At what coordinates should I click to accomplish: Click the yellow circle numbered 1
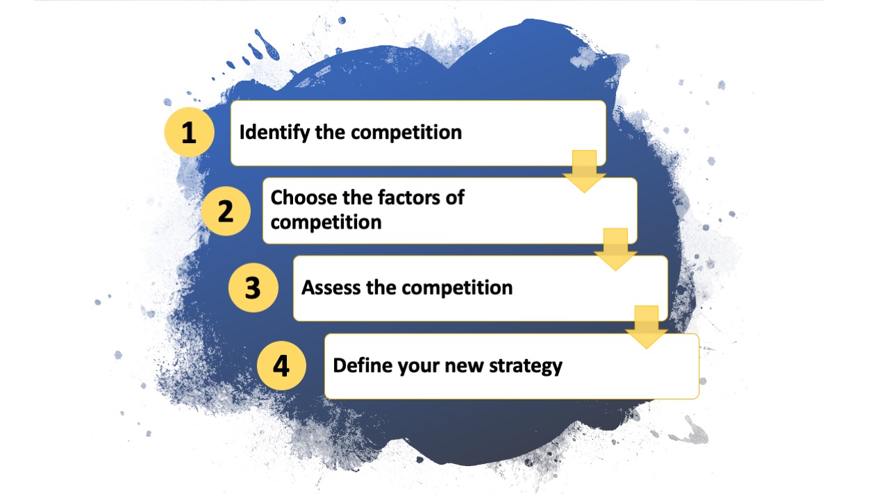click(189, 132)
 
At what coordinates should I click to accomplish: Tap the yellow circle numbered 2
click(225, 210)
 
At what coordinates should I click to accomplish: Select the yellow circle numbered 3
click(253, 288)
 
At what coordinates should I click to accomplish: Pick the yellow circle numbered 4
click(281, 366)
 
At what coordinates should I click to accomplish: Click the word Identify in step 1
click(274, 133)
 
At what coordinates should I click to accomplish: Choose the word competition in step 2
click(326, 223)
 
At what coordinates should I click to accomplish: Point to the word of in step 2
click(456, 198)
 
